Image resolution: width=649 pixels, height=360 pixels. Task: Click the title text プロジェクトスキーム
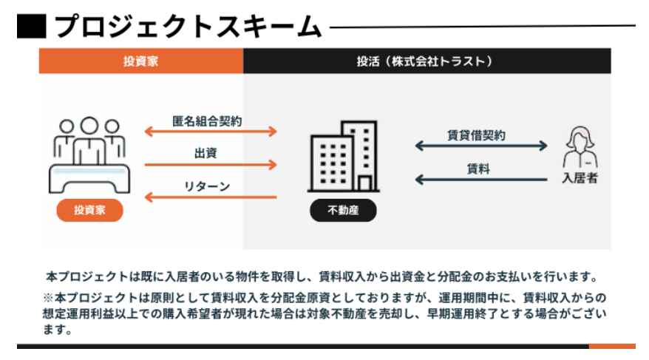pyautogui.click(x=188, y=27)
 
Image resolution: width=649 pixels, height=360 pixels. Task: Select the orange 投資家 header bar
pyautogui.click(x=140, y=61)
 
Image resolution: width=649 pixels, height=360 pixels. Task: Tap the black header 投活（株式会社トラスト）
pyautogui.click(x=427, y=61)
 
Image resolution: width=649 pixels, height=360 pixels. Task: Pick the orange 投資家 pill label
pyautogui.click(x=89, y=211)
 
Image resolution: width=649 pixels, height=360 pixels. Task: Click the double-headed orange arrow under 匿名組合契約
pyautogui.click(x=210, y=132)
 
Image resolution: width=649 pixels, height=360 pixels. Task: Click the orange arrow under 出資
pyautogui.click(x=210, y=165)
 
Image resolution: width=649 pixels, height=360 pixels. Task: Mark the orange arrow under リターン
pyautogui.click(x=210, y=197)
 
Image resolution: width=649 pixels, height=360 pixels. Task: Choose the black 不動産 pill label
pyautogui.click(x=342, y=211)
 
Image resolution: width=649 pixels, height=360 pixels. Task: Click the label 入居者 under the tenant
pyautogui.click(x=580, y=179)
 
